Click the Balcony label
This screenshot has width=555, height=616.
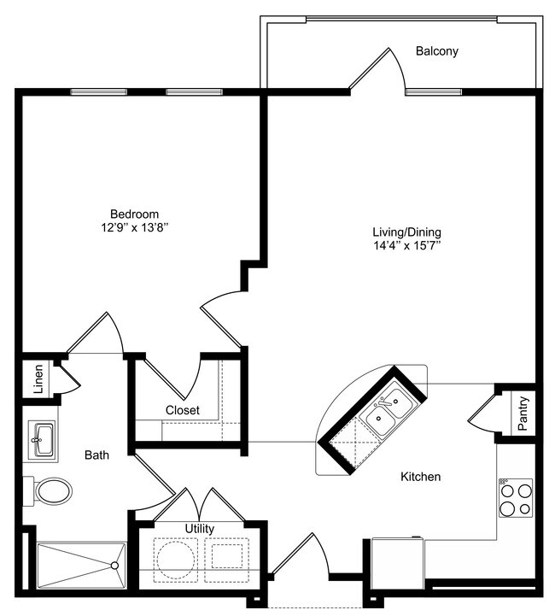tap(436, 51)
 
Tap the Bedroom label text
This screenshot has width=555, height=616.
tap(134, 214)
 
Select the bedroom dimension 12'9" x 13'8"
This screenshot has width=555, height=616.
tap(134, 228)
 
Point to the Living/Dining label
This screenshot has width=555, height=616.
tap(406, 232)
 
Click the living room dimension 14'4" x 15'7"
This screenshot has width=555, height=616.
tap(406, 246)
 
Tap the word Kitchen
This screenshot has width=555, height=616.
tap(421, 477)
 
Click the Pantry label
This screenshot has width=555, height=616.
tap(523, 413)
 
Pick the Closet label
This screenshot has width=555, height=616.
tap(183, 410)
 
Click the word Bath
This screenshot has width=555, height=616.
tap(96, 455)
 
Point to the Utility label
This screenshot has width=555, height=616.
tap(200, 529)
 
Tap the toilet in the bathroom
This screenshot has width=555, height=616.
tap(53, 491)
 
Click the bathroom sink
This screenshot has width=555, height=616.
tap(42, 440)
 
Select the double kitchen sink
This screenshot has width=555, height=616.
tap(388, 410)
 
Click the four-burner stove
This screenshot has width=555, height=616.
tap(515, 498)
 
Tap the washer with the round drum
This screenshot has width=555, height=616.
tap(176, 559)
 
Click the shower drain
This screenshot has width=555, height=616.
tap(114, 565)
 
